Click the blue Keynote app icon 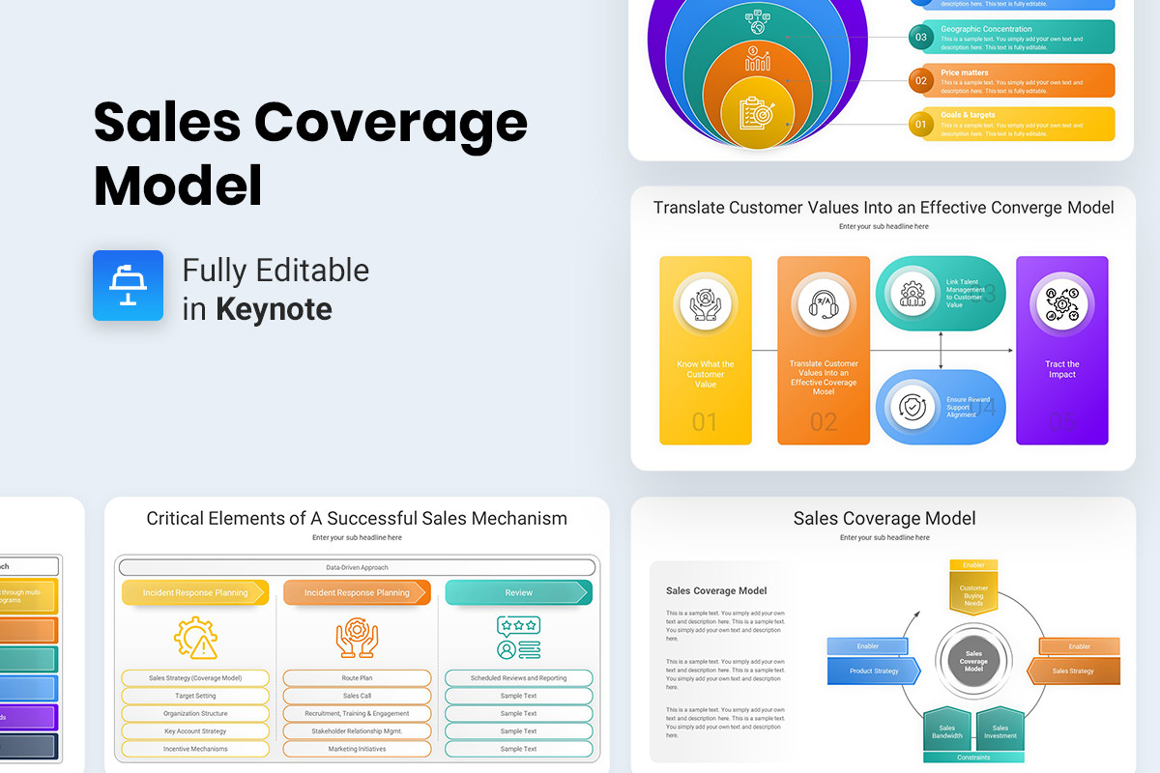coord(128,285)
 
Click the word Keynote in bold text coord(274,309)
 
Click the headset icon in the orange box coord(823,304)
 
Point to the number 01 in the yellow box coord(706,421)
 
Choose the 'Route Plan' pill coord(357,678)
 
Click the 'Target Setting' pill coord(195,696)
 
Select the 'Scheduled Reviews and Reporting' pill coord(518,678)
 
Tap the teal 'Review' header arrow coord(518,592)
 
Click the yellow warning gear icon coord(195,638)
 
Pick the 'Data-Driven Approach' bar coord(357,567)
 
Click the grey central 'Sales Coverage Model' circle coord(973,662)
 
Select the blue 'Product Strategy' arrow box coord(874,671)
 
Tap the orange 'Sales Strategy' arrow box coord(1073,671)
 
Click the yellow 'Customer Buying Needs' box coord(973,593)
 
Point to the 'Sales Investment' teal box coord(1000,731)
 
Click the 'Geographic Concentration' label coord(986,29)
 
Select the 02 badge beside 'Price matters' coord(921,81)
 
